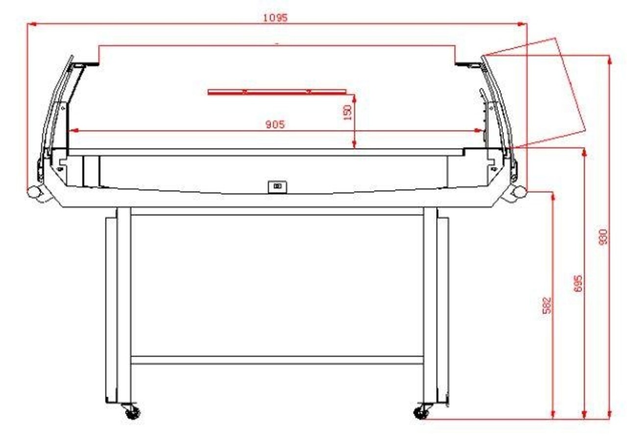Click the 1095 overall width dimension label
(275, 18)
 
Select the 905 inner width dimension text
(275, 125)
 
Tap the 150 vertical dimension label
(348, 113)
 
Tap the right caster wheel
(421, 413)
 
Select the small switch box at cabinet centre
(277, 186)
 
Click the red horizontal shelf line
(277, 92)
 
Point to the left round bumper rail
(34, 192)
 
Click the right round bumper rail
(519, 192)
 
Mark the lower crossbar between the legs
(277, 360)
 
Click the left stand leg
(123, 303)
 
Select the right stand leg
(430, 303)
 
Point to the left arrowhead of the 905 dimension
(72, 131)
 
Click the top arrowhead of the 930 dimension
(609, 59)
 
